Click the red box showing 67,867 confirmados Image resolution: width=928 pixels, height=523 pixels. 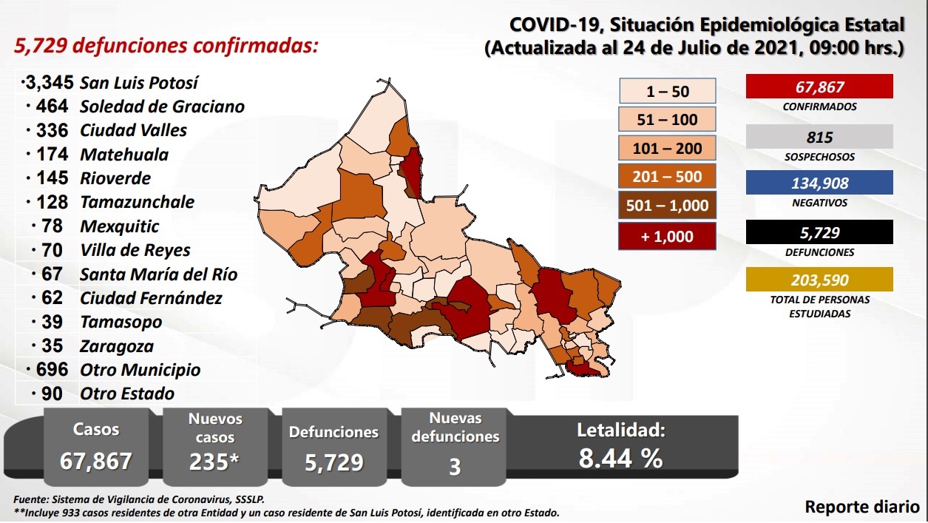click(819, 87)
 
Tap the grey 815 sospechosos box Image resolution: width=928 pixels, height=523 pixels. click(819, 137)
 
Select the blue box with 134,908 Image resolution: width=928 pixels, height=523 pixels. click(819, 183)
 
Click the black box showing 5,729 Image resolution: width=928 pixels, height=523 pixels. click(819, 233)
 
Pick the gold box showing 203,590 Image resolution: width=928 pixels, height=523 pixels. click(819, 280)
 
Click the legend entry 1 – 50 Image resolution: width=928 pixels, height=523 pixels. click(667, 92)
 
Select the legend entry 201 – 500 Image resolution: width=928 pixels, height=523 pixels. click(667, 177)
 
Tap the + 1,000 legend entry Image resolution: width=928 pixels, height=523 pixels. click(667, 237)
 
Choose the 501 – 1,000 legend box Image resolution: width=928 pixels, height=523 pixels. click(667, 206)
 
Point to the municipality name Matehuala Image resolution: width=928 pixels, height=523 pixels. click(124, 155)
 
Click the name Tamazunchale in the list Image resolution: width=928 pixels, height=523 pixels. click(138, 202)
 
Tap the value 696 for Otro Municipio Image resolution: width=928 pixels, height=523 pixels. click(51, 370)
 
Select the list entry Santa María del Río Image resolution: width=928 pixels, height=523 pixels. click(158, 274)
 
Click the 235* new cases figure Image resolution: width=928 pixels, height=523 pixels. click(214, 462)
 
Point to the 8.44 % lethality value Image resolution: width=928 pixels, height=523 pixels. click(620, 459)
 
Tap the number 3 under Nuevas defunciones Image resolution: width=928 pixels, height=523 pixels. click(455, 467)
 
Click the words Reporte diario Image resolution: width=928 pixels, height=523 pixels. click(862, 507)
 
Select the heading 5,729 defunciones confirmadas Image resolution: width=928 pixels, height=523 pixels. click(167, 46)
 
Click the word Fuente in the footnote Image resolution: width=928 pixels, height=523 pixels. click(31, 500)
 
